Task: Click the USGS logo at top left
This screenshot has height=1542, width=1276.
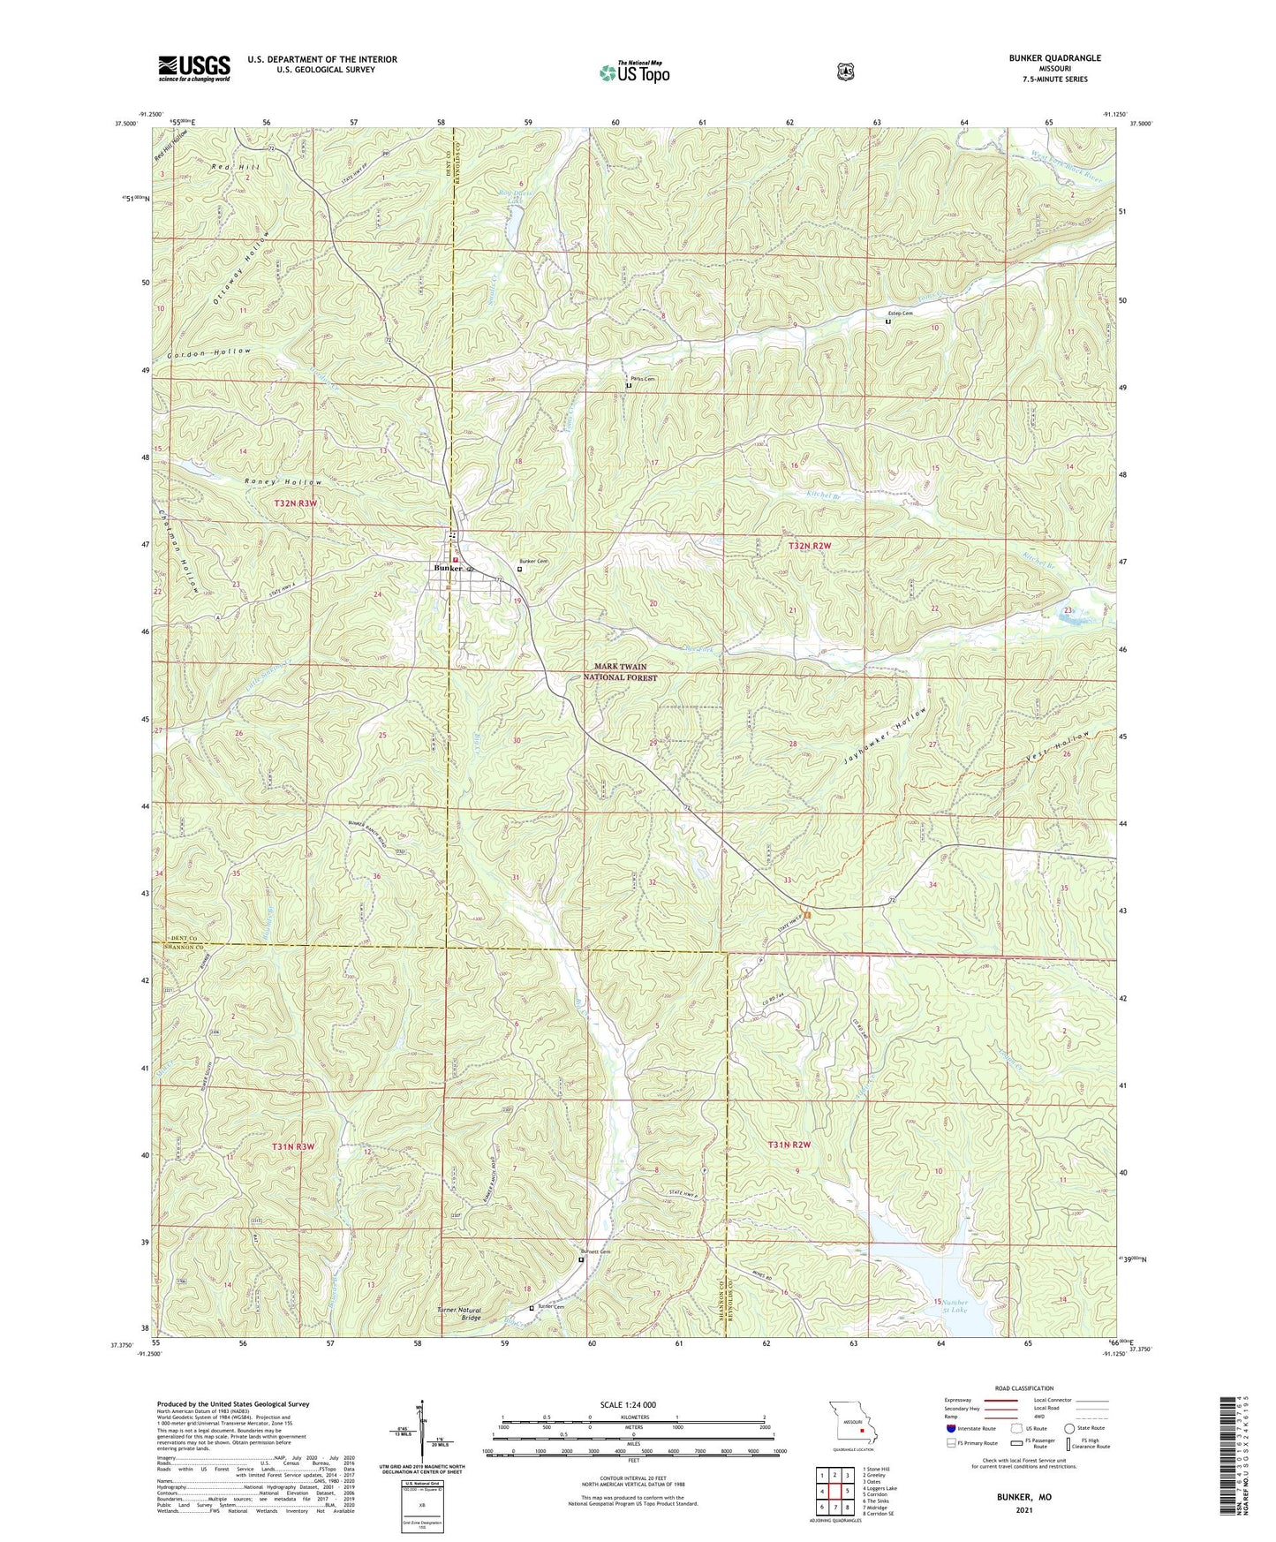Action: pos(194,67)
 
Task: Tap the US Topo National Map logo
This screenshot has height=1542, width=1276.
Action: pos(633,72)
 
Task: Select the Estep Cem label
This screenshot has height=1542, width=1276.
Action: pos(901,313)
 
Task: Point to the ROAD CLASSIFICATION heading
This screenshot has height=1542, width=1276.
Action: pos(1023,1388)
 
